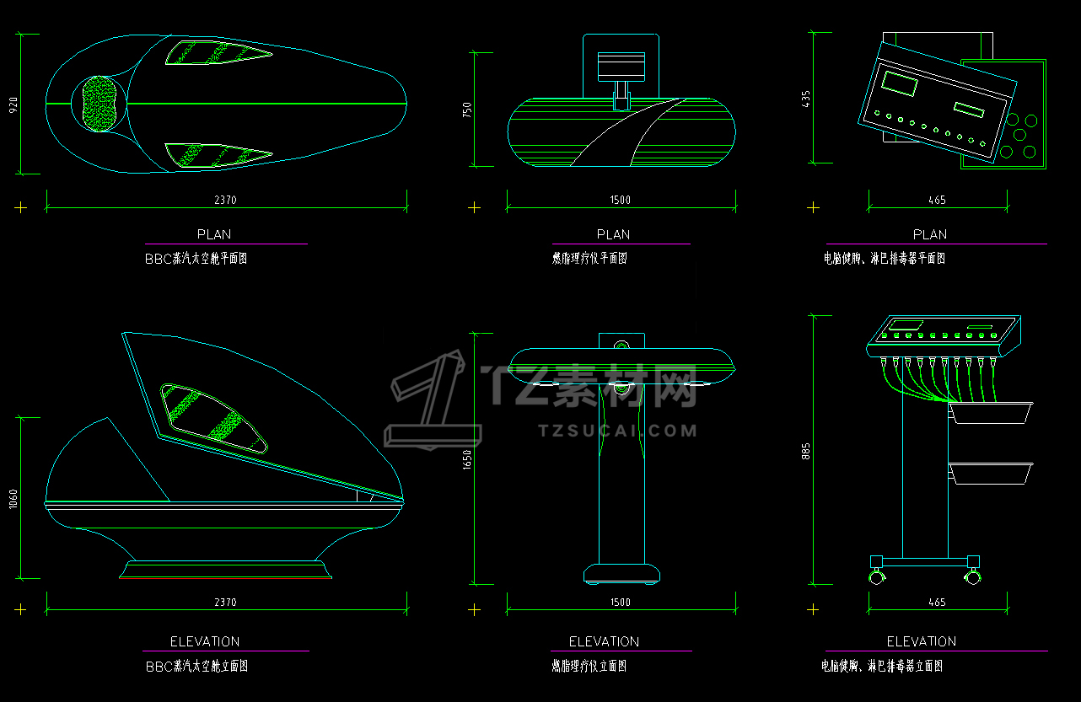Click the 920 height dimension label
(x=13, y=104)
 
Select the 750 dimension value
(x=467, y=110)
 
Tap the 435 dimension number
(x=805, y=99)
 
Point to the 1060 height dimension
(x=13, y=499)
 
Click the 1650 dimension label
(x=467, y=459)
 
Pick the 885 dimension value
(x=805, y=452)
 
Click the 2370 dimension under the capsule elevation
(x=225, y=603)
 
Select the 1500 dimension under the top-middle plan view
(x=620, y=200)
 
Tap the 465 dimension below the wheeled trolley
(x=937, y=603)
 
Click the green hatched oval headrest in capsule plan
(x=102, y=104)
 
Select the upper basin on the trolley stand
(x=992, y=413)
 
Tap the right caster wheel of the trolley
(x=974, y=577)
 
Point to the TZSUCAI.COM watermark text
(x=617, y=431)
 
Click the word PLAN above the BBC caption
(x=213, y=234)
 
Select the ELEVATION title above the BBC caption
(x=205, y=641)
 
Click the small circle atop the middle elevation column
(x=621, y=345)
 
